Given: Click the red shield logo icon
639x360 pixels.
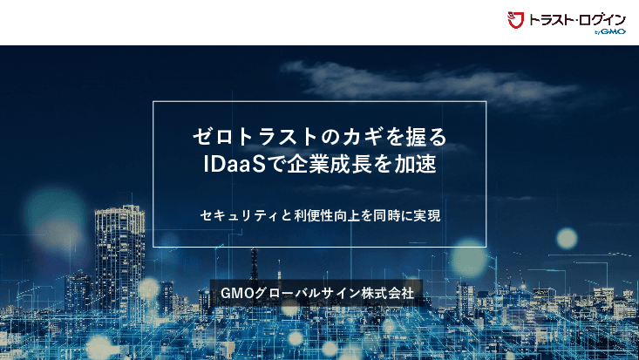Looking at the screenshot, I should click(514, 20).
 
